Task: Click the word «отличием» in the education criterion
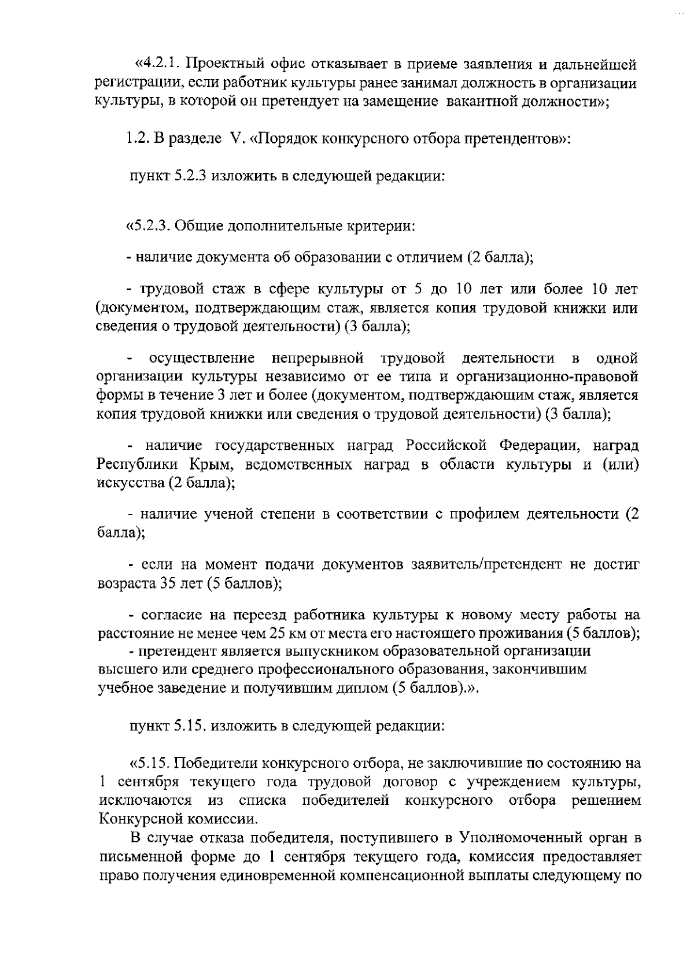tap(429, 257)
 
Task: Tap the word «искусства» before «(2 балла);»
tap(131, 483)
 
